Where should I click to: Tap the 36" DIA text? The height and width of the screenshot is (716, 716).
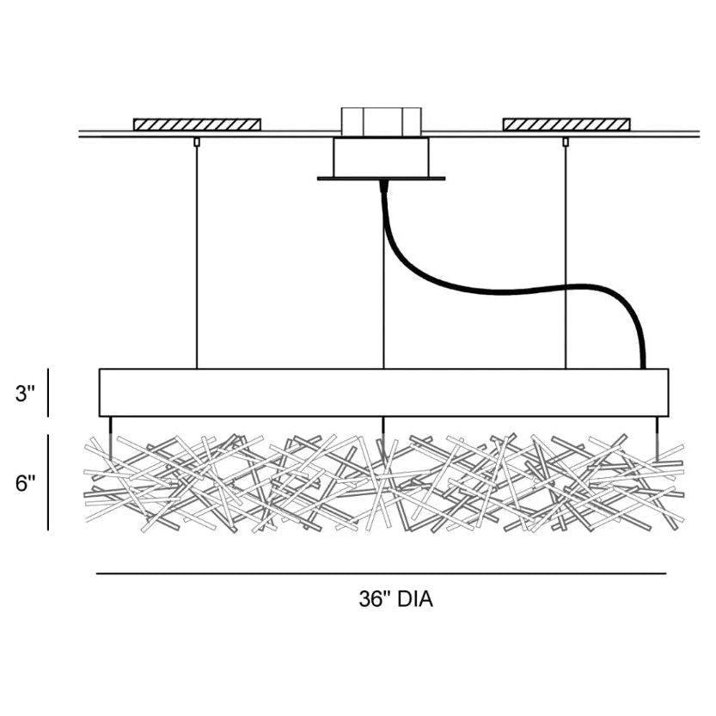point(395,599)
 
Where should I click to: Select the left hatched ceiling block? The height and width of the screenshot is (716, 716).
point(197,125)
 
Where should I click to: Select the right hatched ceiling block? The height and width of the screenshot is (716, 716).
point(566,125)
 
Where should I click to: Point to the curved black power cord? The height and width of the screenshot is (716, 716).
point(516,287)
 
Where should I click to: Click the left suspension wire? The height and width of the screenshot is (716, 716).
point(197,258)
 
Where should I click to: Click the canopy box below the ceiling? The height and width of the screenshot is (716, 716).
point(381,156)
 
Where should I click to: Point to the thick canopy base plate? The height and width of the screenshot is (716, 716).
point(381,179)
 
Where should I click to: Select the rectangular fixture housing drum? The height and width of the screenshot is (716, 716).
point(383,393)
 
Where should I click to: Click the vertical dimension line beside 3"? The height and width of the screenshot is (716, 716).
point(48,393)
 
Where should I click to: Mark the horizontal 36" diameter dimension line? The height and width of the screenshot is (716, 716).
point(381,573)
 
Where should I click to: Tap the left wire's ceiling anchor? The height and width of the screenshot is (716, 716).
point(197,142)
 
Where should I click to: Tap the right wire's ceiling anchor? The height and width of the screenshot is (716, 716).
point(566,142)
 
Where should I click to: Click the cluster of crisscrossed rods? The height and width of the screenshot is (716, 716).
point(383,481)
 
